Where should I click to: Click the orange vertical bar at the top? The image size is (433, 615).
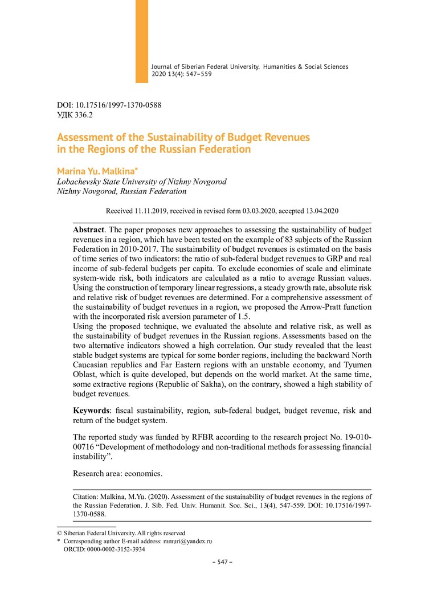coord(141,41)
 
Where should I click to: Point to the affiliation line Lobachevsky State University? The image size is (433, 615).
coord(141,182)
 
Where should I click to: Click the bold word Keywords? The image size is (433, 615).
coord(92,410)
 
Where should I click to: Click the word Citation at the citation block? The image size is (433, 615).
coord(87,496)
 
